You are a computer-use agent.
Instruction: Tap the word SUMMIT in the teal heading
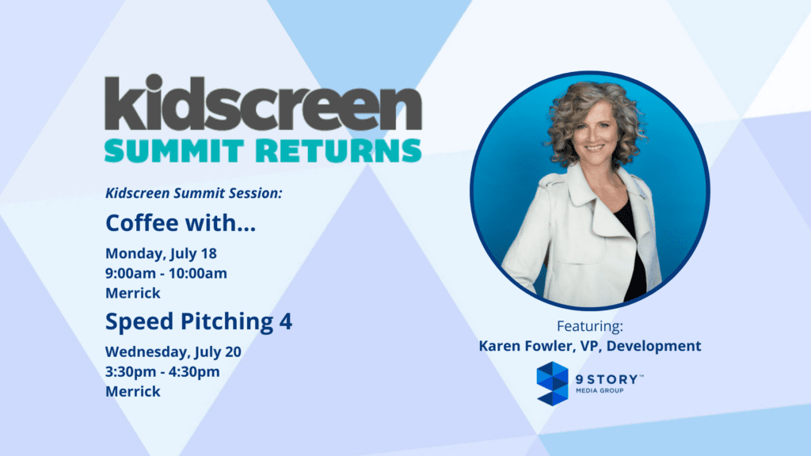click(174, 151)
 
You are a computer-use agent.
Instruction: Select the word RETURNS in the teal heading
click(339, 151)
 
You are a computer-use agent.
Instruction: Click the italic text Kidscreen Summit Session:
click(194, 193)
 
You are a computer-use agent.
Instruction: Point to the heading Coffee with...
click(181, 222)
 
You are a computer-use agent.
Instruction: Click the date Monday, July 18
click(161, 254)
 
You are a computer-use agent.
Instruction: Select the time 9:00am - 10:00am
click(166, 273)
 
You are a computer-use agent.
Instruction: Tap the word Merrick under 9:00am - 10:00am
click(133, 293)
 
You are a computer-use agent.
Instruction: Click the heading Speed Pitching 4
click(199, 321)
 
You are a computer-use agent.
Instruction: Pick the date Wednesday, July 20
click(173, 352)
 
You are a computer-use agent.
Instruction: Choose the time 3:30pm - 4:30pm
click(162, 372)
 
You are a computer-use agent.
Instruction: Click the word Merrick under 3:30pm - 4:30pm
click(133, 391)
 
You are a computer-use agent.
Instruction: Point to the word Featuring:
click(589, 327)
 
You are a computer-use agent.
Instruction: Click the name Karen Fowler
click(524, 346)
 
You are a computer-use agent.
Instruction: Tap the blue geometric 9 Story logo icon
click(552, 384)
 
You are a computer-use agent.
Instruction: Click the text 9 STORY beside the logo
click(607, 379)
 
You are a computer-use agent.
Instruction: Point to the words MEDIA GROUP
click(600, 391)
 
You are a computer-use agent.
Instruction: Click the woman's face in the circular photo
click(595, 132)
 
